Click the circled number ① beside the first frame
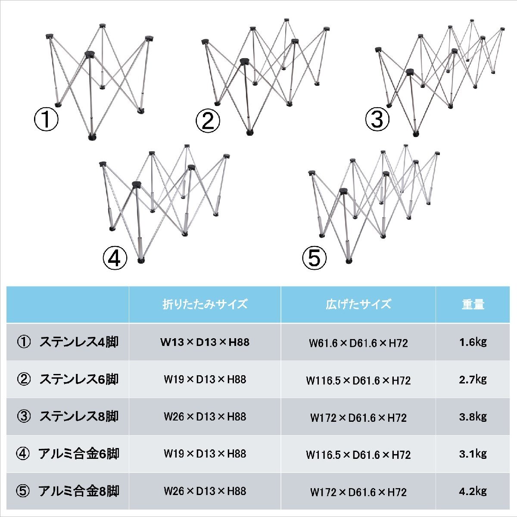tap(46, 120)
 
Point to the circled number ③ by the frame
tap(377, 119)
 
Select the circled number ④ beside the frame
tap(115, 258)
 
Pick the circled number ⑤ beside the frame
tap(315, 258)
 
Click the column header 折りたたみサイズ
tap(205, 304)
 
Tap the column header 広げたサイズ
tap(358, 304)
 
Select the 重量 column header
tap(473, 304)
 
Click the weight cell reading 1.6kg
tap(473, 342)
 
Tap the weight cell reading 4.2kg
tap(473, 491)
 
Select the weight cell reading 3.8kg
tap(473, 417)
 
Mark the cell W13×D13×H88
tap(205, 343)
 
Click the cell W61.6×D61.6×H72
tap(358, 343)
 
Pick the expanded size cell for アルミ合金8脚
tap(358, 492)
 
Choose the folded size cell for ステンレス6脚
tap(205, 380)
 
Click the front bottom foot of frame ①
tap(92, 137)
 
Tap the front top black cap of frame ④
tap(137, 185)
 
